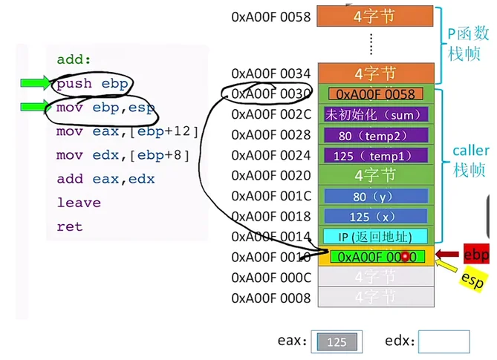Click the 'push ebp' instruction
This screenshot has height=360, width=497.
click(85, 84)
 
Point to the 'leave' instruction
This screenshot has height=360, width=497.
click(78, 203)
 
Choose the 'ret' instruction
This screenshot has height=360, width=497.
click(70, 226)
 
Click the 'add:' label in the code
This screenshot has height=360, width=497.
click(73, 60)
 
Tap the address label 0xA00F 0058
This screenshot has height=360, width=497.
click(270, 16)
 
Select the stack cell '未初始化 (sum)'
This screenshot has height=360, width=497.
click(375, 114)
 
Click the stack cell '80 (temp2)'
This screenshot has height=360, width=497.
click(375, 135)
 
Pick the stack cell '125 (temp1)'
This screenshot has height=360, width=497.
click(375, 156)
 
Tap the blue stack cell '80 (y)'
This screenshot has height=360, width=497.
click(375, 197)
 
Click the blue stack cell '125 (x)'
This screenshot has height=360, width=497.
click(375, 217)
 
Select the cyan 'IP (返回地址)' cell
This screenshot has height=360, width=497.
click(375, 237)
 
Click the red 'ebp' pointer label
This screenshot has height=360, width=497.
click(476, 255)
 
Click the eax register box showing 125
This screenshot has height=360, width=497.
click(337, 342)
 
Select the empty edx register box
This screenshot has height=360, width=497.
click(444, 342)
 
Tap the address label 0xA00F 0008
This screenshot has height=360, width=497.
click(270, 298)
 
